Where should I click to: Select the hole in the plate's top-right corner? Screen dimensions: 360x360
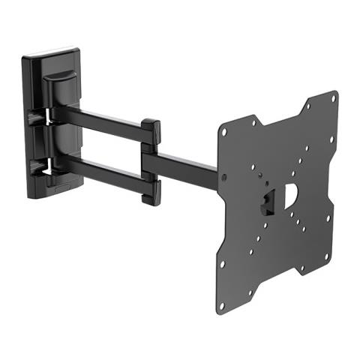tap(332, 98)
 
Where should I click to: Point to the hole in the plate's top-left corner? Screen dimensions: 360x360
tap(223, 133)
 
